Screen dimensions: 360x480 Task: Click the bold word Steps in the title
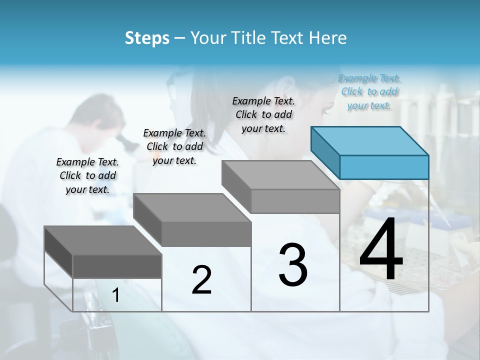click(x=147, y=38)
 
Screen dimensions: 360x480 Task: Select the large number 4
click(x=381, y=250)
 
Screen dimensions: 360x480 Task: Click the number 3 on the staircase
click(x=293, y=264)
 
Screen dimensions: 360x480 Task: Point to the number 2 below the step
click(x=201, y=280)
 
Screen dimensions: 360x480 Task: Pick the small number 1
click(x=116, y=295)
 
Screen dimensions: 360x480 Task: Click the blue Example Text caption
click(x=369, y=92)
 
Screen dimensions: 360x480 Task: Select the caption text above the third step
click(x=263, y=114)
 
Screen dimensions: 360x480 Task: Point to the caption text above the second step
click(x=174, y=146)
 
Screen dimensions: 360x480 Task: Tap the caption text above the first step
click(x=87, y=175)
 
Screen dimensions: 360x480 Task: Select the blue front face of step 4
click(x=384, y=167)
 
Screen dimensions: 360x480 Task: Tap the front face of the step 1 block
click(x=117, y=266)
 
